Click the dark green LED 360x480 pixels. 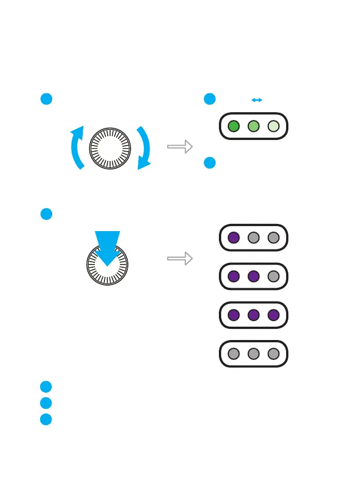click(x=234, y=126)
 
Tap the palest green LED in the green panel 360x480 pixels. click(x=273, y=126)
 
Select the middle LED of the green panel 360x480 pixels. click(x=253, y=126)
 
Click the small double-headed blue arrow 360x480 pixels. click(x=257, y=100)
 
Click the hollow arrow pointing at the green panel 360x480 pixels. click(x=180, y=147)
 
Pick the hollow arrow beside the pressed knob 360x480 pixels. click(x=180, y=258)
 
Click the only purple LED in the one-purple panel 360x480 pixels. click(x=234, y=238)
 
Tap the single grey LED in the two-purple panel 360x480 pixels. click(x=273, y=276)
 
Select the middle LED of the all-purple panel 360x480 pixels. click(x=253, y=314)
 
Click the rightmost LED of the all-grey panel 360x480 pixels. click(x=273, y=353)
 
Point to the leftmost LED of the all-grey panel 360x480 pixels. click(x=234, y=353)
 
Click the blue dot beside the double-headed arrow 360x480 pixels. click(x=209, y=99)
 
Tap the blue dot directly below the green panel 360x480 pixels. click(x=209, y=163)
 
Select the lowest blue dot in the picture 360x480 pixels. click(x=46, y=419)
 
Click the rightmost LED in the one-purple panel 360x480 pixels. click(x=273, y=238)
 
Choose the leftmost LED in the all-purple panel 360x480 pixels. click(x=234, y=314)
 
